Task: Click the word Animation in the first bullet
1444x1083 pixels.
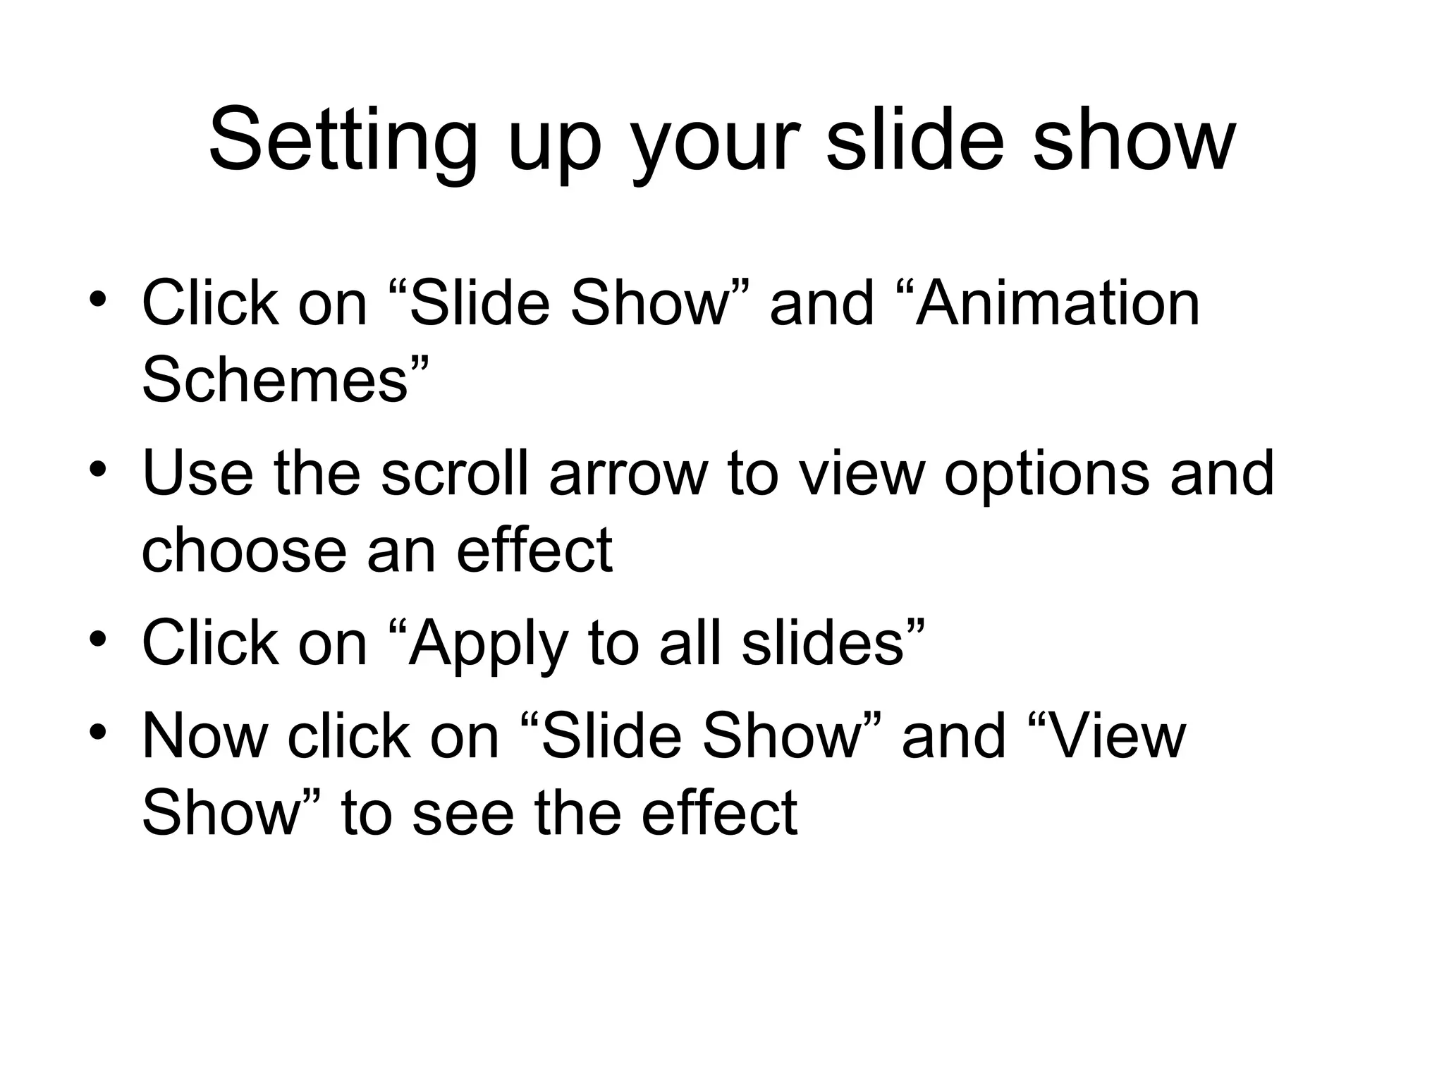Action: [x=1057, y=304]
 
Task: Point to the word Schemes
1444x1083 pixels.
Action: [x=275, y=380]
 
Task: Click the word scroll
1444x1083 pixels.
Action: [x=454, y=473]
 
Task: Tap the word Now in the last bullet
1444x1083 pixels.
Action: [x=204, y=737]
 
